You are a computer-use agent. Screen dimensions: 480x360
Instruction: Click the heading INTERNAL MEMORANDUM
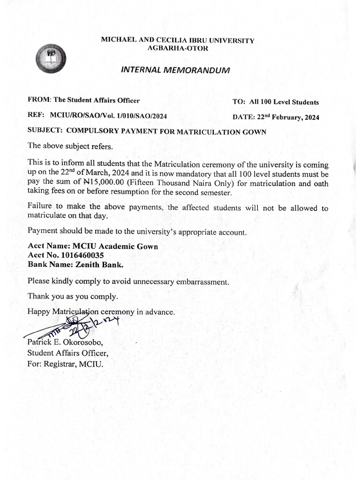(176, 70)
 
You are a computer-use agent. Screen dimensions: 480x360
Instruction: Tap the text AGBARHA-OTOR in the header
(178, 48)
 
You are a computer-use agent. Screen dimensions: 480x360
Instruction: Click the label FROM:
(40, 99)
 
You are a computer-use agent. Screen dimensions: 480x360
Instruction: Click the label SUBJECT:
(45, 132)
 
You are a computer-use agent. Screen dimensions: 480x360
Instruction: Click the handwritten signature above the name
(75, 326)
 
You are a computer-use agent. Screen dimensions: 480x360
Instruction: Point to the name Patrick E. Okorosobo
(65, 343)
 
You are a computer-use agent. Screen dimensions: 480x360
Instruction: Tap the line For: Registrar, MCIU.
(64, 364)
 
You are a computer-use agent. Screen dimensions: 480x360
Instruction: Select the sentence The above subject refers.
(70, 146)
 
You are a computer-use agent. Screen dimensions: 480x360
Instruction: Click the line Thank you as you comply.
(73, 297)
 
